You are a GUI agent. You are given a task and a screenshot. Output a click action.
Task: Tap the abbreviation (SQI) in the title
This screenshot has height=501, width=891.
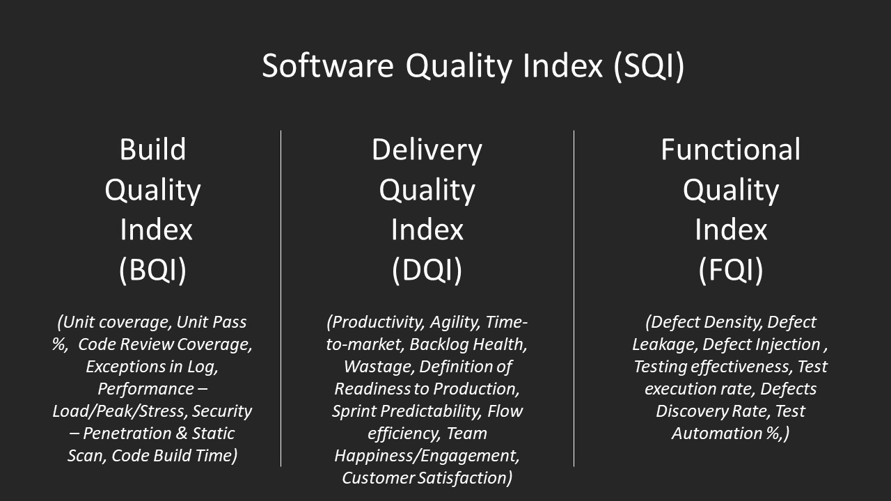coord(649,66)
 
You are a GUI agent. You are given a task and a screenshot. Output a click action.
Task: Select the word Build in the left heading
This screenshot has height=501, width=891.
coord(152,150)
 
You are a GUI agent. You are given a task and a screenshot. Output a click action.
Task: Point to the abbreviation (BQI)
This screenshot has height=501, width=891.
coord(152,270)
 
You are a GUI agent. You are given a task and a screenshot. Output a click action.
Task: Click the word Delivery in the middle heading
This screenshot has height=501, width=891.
coord(427,150)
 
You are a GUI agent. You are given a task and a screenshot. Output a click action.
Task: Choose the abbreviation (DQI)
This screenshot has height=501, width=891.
coord(427,270)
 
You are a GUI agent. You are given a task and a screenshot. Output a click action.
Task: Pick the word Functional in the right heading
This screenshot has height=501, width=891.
coord(730,150)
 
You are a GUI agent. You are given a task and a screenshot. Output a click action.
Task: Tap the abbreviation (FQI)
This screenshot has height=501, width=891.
coord(730,270)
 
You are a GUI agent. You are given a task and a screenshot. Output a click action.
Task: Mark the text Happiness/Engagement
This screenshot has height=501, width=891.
coord(427,456)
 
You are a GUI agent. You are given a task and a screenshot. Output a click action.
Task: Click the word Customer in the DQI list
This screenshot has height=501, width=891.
coord(380,478)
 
